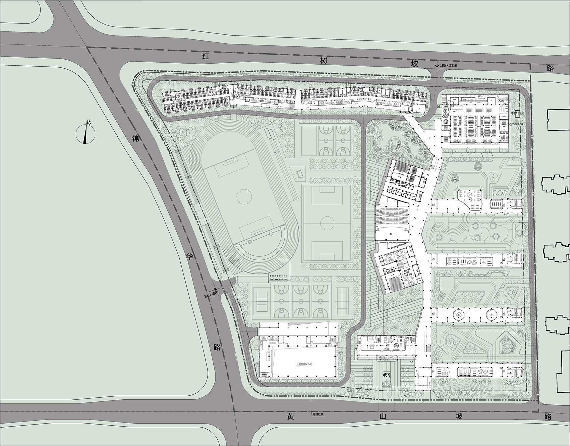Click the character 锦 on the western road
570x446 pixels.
point(135,138)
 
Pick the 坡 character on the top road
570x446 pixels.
point(415,64)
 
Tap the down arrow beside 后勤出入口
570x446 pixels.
point(437,66)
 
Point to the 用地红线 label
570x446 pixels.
point(318,414)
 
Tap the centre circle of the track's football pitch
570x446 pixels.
point(244,194)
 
